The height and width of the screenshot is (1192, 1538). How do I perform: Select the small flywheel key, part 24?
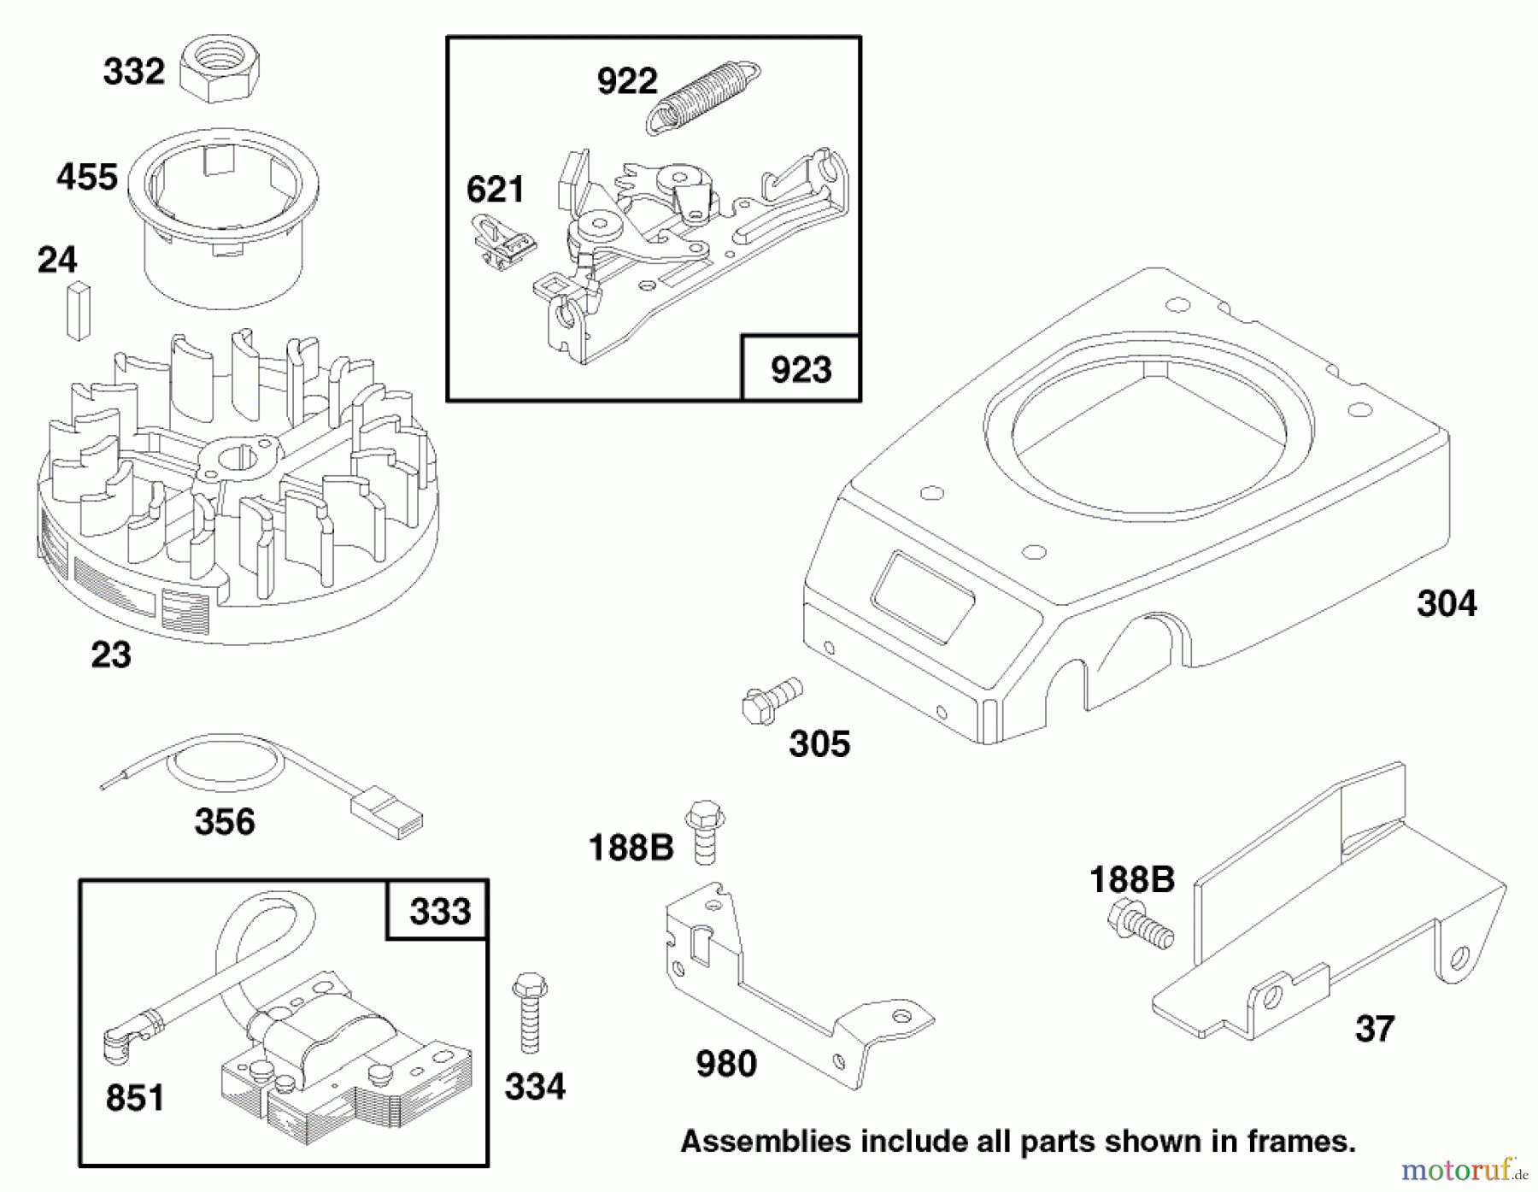[78, 309]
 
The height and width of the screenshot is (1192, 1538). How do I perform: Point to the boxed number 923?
[801, 369]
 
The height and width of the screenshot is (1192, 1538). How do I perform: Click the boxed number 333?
[439, 911]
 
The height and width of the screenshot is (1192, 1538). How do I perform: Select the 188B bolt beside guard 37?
[1140, 928]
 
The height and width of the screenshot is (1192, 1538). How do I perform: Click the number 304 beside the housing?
[1446, 604]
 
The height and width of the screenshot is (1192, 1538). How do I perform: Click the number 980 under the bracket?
[725, 1065]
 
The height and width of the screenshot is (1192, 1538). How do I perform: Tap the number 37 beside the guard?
[1374, 1028]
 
